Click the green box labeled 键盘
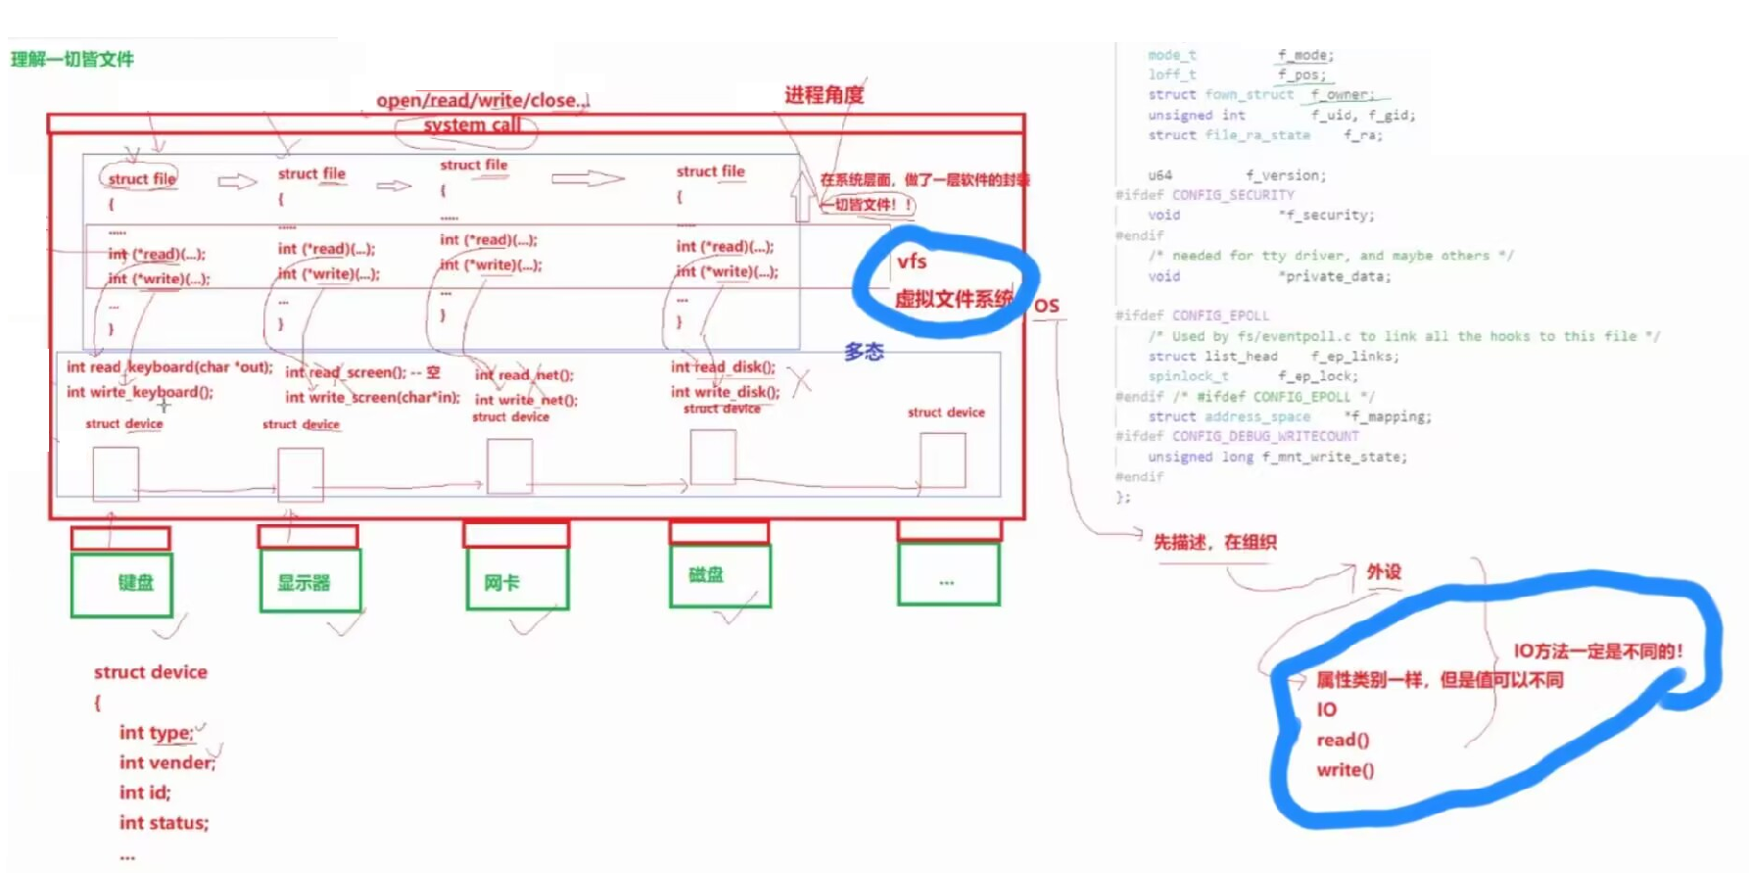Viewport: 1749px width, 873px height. click(x=121, y=584)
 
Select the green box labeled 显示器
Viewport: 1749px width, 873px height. click(x=309, y=582)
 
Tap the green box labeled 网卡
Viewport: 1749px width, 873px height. click(x=517, y=581)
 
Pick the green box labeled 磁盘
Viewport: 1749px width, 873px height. click(x=720, y=575)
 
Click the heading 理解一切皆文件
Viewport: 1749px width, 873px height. click(x=72, y=59)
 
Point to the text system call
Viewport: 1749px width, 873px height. click(x=471, y=125)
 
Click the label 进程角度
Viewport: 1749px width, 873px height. click(x=824, y=95)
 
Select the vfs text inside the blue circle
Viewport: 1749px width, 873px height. click(x=912, y=262)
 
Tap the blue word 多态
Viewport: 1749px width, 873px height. click(x=864, y=352)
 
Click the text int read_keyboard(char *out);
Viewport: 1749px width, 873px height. click(x=169, y=366)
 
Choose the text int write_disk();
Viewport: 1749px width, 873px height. click(x=725, y=392)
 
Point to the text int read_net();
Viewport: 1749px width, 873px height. click(x=524, y=374)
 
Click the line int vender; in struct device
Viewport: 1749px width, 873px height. click(x=166, y=762)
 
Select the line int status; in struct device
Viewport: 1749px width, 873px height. click(x=164, y=822)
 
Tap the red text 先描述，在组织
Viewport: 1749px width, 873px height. click(x=1214, y=542)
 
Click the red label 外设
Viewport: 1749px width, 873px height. click(x=1384, y=571)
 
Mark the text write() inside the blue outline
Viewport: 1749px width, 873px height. click(x=1345, y=770)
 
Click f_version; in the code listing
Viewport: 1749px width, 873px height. click(x=1286, y=175)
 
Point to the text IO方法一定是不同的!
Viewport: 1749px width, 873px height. click(x=1597, y=651)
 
